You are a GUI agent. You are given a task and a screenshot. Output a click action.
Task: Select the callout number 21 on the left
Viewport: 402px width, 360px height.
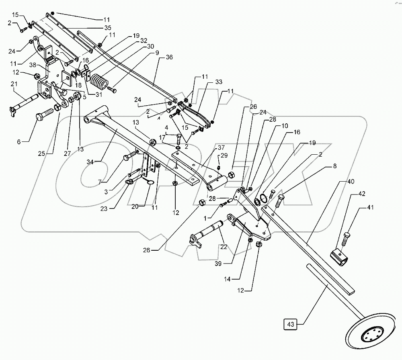[x=14, y=84]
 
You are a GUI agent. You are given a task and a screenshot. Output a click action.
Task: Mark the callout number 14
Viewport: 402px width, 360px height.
[x=239, y=277]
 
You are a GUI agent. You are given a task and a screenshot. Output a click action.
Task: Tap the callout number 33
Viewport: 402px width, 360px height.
[x=219, y=81]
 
